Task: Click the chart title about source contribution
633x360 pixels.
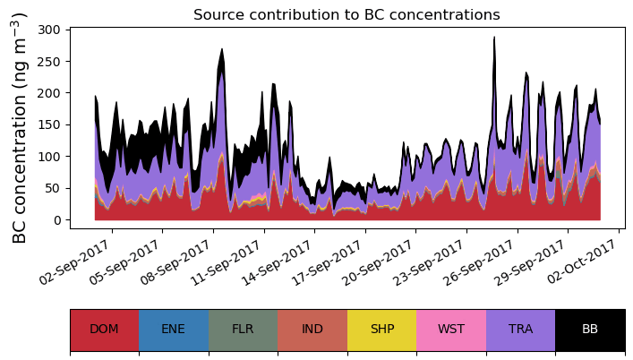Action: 346,14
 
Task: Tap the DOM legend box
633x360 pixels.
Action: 104,329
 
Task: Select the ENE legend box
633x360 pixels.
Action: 174,329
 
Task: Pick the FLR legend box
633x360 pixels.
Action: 243,329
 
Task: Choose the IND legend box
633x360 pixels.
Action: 312,329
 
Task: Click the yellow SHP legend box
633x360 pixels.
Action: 381,329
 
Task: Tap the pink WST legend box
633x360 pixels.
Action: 451,329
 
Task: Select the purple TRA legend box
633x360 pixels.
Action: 520,329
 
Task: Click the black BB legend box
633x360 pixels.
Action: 590,329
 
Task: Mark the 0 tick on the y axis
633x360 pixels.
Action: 56,220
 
